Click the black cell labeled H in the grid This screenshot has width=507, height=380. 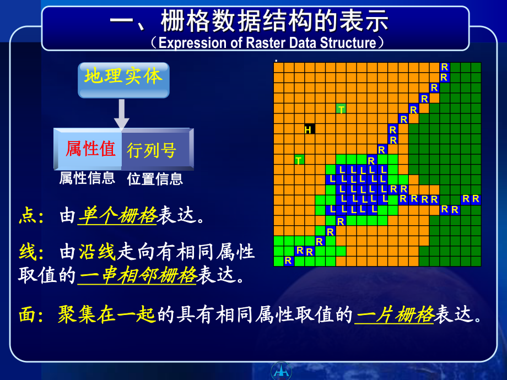point(309,129)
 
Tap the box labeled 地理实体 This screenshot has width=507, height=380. point(123,78)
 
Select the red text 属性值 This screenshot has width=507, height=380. point(90,149)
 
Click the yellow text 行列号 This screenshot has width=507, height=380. point(152,150)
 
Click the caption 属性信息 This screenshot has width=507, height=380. point(87,178)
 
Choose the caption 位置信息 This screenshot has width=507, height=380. point(155,179)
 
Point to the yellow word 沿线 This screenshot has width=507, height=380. point(96,253)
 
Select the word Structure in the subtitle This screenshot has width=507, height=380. point(348,43)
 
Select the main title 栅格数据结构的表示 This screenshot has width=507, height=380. point(275,22)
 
